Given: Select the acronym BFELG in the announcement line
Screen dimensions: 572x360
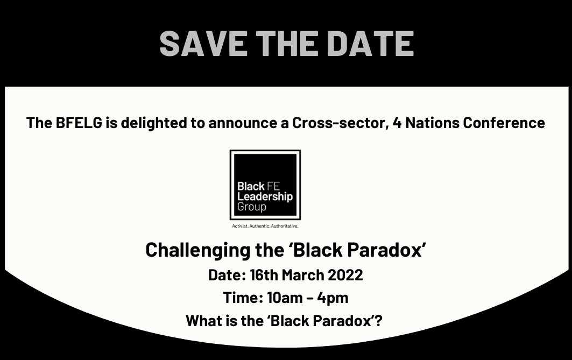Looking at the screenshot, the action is [79, 123].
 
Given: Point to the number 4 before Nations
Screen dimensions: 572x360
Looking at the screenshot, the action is [397, 123].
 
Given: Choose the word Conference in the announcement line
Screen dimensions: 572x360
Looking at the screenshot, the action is [504, 123].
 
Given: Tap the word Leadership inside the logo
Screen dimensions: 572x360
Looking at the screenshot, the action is [265, 197].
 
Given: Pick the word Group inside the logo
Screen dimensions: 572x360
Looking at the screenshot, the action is [252, 207].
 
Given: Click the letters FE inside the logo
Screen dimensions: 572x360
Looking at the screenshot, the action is [273, 186].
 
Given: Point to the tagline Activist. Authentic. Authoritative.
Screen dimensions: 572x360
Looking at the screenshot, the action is [265, 226].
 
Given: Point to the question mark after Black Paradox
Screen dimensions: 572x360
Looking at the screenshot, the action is [379, 321].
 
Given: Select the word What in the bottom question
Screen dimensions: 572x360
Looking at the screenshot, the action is [203, 321].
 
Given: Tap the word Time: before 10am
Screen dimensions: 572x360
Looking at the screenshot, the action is [243, 298].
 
